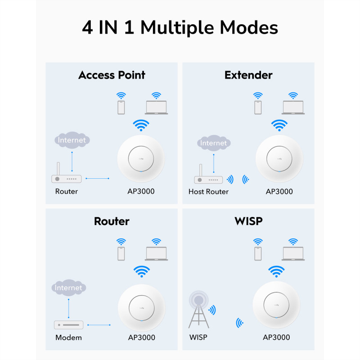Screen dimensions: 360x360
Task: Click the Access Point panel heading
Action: [112, 75]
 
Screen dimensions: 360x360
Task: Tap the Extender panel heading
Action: [248, 75]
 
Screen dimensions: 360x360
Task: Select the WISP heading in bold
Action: [248, 221]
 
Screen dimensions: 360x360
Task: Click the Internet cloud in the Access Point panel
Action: [72, 140]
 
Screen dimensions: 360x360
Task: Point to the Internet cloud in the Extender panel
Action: [214, 143]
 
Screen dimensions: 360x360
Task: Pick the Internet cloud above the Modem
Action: [69, 288]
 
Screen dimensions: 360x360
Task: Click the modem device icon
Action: [69, 325]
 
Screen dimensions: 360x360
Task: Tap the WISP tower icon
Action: [199, 309]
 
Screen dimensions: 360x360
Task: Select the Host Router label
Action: [208, 192]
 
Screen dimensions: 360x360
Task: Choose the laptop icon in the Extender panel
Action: [293, 108]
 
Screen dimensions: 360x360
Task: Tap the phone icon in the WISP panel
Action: [258, 254]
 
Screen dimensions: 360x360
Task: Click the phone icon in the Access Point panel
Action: [121, 108]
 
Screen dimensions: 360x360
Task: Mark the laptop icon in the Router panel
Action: [156, 254]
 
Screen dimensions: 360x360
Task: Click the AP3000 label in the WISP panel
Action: [276, 337]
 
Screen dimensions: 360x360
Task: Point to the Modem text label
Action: [69, 337]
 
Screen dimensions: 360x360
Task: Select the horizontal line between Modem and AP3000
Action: [99, 325]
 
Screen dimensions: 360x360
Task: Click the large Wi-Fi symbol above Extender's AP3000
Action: [279, 125]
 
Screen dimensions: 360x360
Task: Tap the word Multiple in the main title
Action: [178, 28]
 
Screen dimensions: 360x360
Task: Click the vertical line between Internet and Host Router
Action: [214, 163]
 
